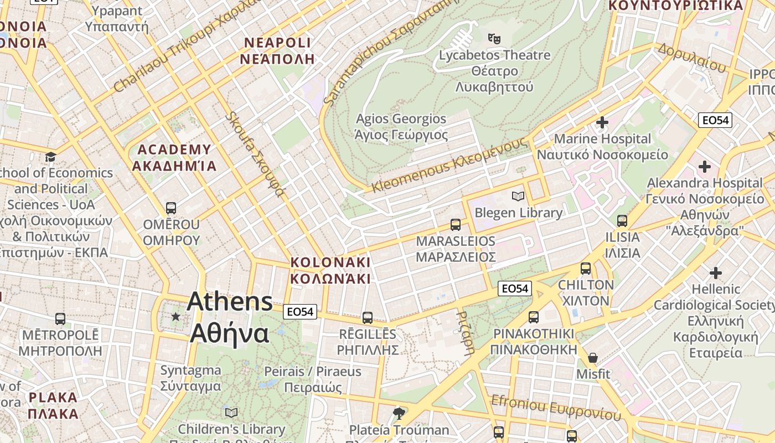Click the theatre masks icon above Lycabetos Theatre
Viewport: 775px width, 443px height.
click(494, 38)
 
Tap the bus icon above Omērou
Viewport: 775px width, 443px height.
click(171, 208)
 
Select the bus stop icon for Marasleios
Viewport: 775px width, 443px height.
click(456, 224)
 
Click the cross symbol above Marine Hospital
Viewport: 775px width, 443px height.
click(602, 122)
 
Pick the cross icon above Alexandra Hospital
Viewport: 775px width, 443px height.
click(704, 166)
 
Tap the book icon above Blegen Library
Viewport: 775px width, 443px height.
click(518, 196)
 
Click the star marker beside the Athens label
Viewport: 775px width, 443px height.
click(176, 316)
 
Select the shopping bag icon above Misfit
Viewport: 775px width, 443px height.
click(593, 358)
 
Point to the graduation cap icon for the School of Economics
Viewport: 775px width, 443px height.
click(51, 157)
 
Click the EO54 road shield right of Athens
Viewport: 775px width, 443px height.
click(300, 312)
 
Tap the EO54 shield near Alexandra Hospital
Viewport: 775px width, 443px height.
click(715, 120)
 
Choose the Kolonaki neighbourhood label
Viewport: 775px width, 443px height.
click(330, 270)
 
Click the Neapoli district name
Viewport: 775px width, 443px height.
click(278, 51)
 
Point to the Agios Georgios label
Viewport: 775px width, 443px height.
click(401, 127)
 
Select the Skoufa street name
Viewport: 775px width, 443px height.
click(256, 154)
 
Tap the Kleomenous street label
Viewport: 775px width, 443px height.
click(448, 165)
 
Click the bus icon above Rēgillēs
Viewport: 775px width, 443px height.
click(368, 317)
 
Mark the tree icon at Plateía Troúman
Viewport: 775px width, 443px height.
click(398, 413)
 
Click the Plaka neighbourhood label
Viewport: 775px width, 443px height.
click(53, 405)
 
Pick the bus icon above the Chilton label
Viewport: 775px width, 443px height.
click(586, 269)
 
